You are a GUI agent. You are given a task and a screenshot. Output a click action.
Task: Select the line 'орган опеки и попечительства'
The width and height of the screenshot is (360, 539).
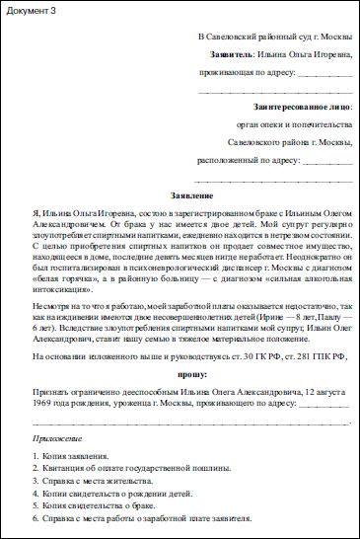tap(294, 124)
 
